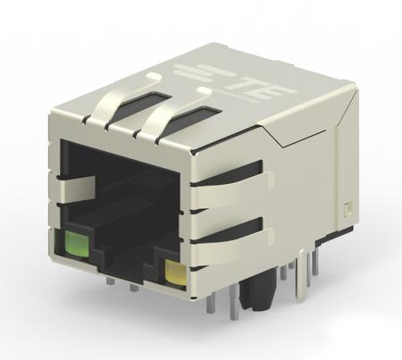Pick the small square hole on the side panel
coord(348,212)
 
